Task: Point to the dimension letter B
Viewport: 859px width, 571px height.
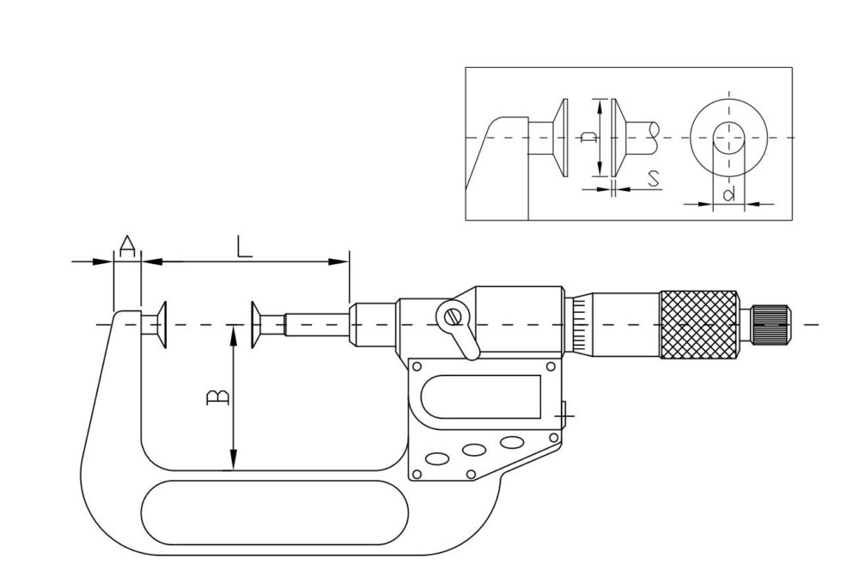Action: point(218,397)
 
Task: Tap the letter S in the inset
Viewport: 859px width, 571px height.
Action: point(653,178)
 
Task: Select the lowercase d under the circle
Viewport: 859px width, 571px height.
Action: point(729,193)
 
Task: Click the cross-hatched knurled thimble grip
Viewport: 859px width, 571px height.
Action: point(699,325)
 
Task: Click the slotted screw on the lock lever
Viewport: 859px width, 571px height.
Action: point(453,317)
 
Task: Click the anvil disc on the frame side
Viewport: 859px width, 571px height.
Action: point(161,324)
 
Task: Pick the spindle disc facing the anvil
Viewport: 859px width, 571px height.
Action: point(256,324)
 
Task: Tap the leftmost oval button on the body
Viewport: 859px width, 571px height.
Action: point(437,457)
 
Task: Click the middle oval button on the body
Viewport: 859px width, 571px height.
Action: point(474,450)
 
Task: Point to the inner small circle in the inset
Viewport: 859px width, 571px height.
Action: point(728,137)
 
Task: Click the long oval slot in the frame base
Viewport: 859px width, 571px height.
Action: point(275,513)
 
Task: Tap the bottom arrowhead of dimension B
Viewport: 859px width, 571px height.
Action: point(234,460)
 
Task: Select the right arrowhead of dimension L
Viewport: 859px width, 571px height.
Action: point(338,261)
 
